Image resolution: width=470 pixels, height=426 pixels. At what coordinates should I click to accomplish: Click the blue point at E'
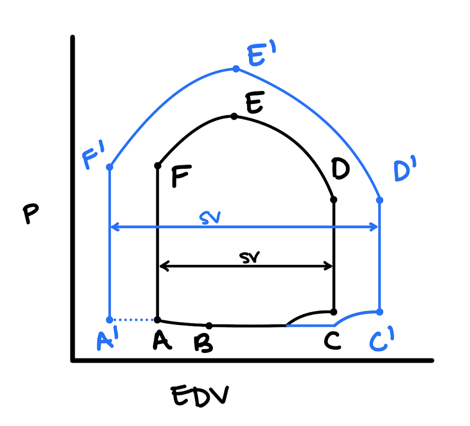click(236, 69)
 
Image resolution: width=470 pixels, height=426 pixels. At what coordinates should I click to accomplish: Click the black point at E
click(234, 116)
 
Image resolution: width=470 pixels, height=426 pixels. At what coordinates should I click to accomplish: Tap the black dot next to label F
click(158, 166)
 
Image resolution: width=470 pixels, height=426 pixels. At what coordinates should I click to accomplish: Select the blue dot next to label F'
click(110, 167)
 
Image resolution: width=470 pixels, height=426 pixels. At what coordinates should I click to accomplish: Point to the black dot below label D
click(333, 200)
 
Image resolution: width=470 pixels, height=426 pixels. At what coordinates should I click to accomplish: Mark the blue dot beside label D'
click(380, 200)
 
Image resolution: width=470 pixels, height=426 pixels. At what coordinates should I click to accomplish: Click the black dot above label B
click(209, 325)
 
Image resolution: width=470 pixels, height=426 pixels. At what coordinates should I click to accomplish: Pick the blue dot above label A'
click(110, 319)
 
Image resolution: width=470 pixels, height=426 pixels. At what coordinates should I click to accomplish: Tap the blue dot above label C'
click(380, 311)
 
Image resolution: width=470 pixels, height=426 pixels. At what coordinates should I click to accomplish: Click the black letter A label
click(162, 341)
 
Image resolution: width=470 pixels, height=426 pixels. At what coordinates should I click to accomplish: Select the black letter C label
click(333, 341)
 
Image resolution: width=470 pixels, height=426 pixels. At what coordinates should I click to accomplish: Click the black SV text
click(250, 258)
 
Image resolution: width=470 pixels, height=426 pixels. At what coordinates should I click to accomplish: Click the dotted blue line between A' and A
click(134, 319)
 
